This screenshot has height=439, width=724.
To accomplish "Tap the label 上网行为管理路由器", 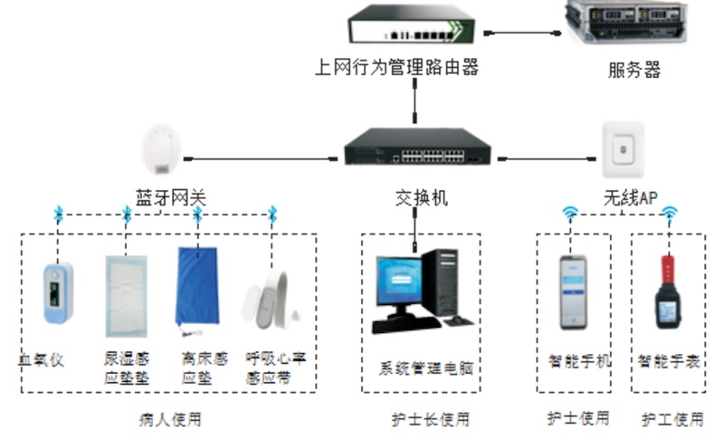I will [395, 67].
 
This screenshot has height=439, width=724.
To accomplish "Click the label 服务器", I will [633, 70].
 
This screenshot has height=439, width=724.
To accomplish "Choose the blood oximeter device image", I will [58, 291].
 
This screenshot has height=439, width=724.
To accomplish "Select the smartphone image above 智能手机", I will [572, 291].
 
